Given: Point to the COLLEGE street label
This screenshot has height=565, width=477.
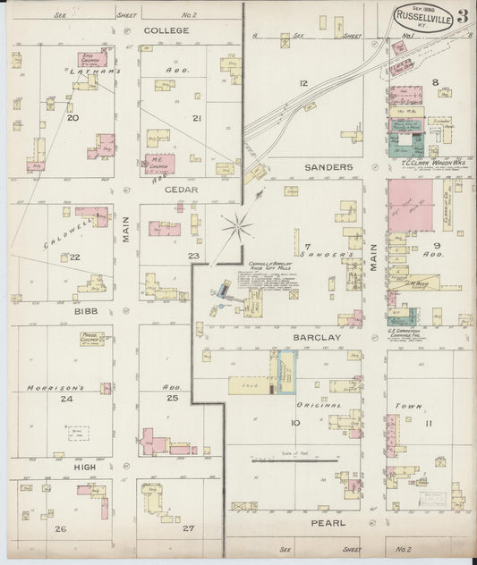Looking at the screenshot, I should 166,30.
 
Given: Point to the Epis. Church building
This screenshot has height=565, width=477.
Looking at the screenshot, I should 89,62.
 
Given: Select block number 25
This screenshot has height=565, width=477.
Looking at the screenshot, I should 173,397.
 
